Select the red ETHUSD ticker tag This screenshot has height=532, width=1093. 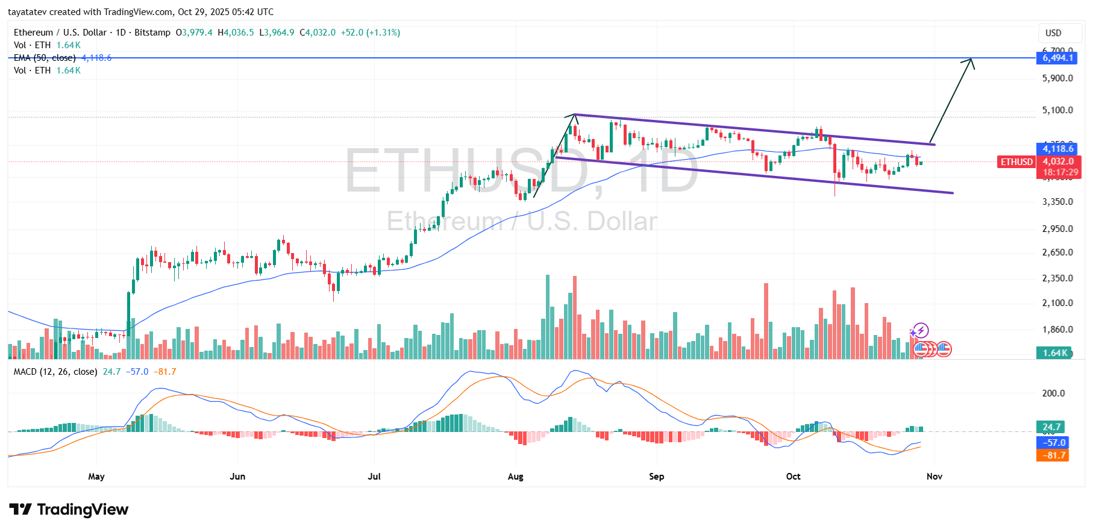(1016, 161)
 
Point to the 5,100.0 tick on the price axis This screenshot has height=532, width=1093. (1057, 110)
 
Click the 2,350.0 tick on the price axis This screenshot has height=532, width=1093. (1057, 278)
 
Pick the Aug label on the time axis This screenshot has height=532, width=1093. (515, 477)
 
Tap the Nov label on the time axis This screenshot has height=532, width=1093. (934, 477)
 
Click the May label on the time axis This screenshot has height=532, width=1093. (96, 477)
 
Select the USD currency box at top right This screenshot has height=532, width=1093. (1053, 33)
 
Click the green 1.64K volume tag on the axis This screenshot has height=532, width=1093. (1054, 353)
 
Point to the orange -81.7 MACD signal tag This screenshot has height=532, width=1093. (1052, 455)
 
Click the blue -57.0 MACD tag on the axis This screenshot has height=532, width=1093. (1052, 442)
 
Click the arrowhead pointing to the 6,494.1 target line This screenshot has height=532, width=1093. (969, 61)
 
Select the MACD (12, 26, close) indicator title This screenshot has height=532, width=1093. (55, 372)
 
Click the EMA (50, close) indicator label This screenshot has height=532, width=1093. (45, 58)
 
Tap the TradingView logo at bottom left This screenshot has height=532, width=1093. (69, 510)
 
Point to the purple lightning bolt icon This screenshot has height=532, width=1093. (920, 331)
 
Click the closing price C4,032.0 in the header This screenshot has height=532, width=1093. (318, 33)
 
